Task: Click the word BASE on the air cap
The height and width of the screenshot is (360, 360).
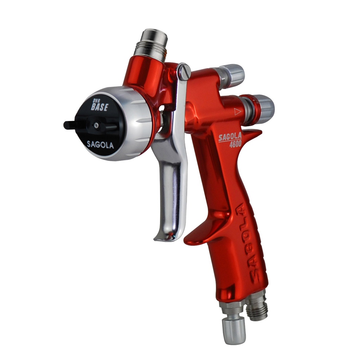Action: click(99, 107)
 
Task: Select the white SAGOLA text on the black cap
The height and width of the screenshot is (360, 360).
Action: click(100, 144)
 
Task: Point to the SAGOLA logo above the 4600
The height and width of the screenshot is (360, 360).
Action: click(230, 137)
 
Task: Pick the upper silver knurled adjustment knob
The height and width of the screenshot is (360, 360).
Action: click(232, 75)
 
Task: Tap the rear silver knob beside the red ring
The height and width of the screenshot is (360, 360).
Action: click(264, 109)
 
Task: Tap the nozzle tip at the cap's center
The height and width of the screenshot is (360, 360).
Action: click(96, 124)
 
